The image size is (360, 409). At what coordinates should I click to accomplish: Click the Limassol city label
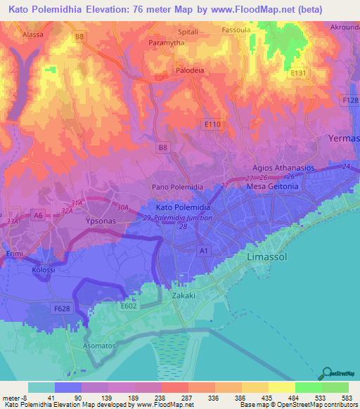(270, 259)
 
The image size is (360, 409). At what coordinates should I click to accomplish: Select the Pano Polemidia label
(178, 188)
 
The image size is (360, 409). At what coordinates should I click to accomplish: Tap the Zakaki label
(186, 297)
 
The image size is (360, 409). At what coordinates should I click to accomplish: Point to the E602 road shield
(128, 306)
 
